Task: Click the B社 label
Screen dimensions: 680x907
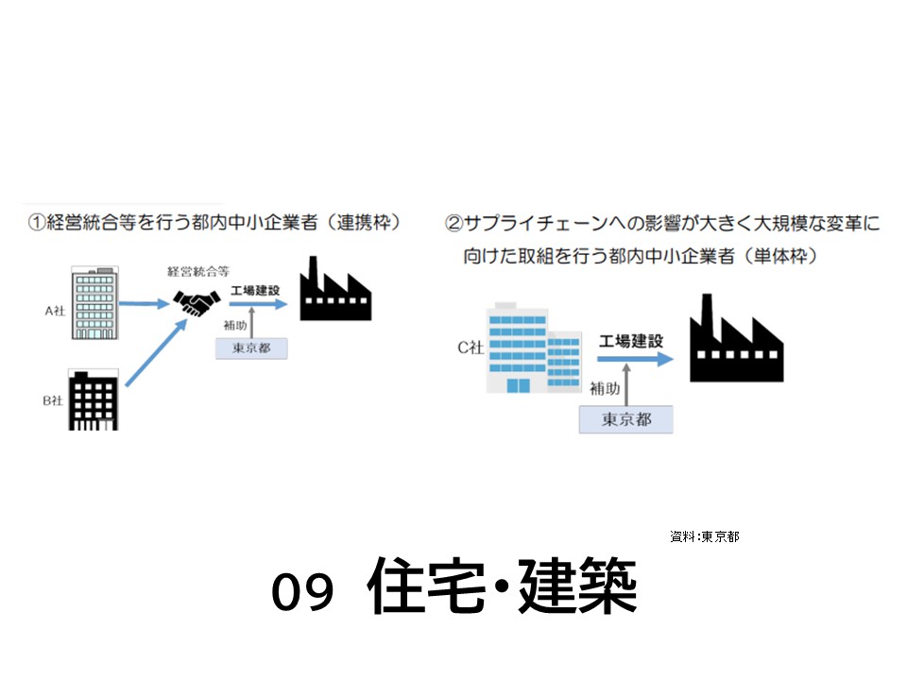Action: [x=53, y=400]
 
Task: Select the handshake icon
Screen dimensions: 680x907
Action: [x=197, y=303]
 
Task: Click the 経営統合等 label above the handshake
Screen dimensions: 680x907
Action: [x=196, y=272]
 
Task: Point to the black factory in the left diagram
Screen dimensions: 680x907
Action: [x=334, y=291]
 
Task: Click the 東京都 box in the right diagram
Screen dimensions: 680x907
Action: [x=625, y=419]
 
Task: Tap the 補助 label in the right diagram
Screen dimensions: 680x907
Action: [x=605, y=388]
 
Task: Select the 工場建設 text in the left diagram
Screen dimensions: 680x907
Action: [x=254, y=290]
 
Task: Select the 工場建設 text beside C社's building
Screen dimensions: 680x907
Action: [x=631, y=340]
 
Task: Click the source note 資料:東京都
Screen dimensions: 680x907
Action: [x=705, y=536]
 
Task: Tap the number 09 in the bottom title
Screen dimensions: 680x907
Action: [x=303, y=592]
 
